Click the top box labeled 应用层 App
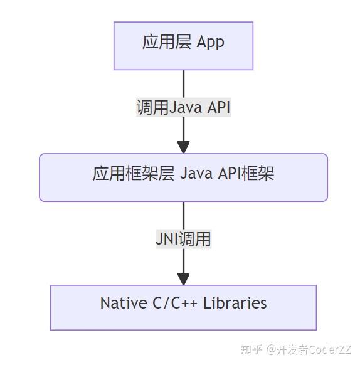tap(183, 45)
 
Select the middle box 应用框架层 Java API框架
tap(183, 177)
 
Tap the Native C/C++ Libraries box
tap(183, 307)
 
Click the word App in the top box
tap(210, 42)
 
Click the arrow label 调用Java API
tap(183, 107)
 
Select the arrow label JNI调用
tap(183, 239)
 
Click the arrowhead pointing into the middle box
tap(183, 147)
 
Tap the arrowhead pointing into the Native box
tap(183, 279)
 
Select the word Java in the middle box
tap(196, 173)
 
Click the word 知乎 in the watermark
tap(251, 349)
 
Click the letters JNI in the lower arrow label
tap(167, 239)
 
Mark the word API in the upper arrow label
tap(219, 107)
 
